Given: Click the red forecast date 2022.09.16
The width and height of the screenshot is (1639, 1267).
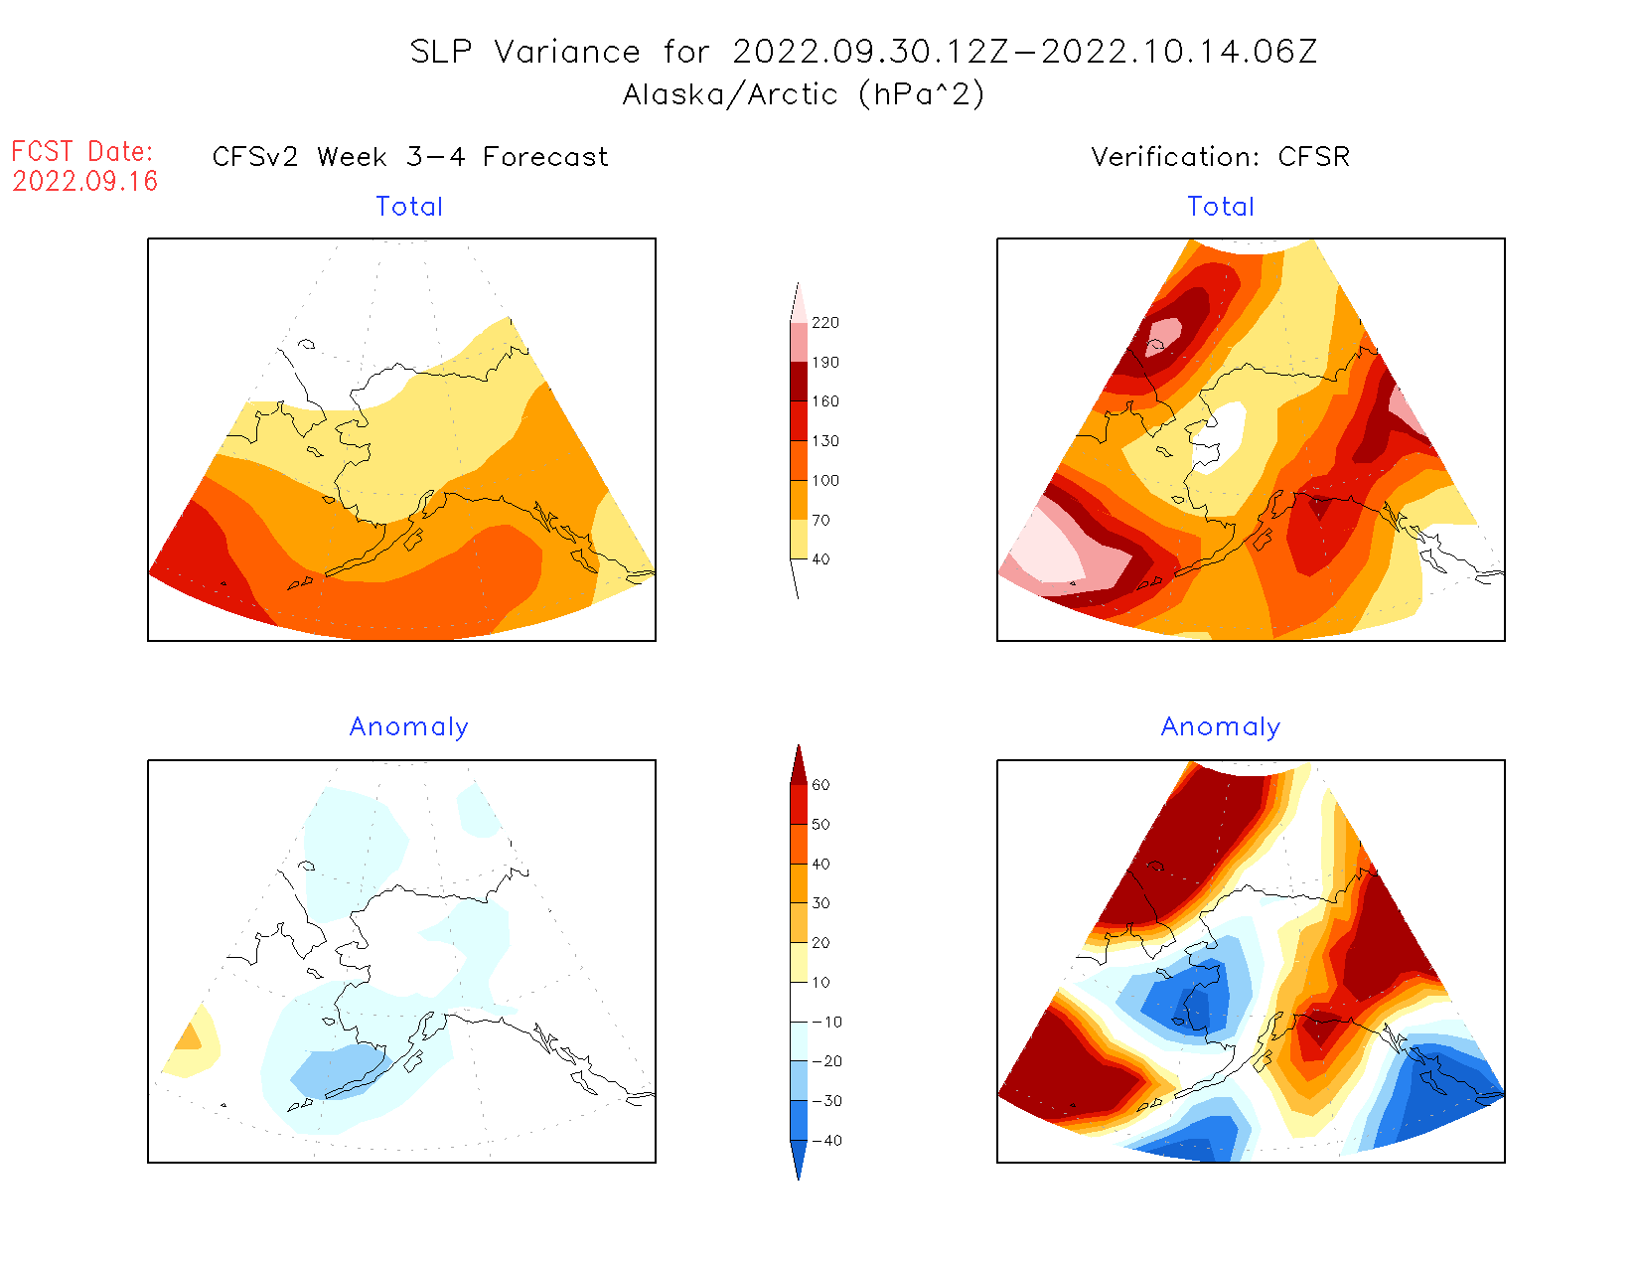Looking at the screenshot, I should tap(85, 181).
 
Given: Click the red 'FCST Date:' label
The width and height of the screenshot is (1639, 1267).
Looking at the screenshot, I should tap(82, 151).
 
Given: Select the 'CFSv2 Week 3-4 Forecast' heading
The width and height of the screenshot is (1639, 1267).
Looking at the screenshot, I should tap(410, 157).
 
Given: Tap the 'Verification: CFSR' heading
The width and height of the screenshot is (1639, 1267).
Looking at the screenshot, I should tap(1220, 157).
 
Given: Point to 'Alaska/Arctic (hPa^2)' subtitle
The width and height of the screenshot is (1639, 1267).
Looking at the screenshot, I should tap(804, 94).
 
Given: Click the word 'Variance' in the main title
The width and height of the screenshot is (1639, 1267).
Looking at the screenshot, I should tap(567, 52).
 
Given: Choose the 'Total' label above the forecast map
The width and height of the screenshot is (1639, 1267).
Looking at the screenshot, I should tap(409, 207).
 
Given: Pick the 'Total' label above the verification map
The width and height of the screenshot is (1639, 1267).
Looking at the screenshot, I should tap(1221, 207).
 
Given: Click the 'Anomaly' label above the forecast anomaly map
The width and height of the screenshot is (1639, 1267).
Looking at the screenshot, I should tap(408, 726).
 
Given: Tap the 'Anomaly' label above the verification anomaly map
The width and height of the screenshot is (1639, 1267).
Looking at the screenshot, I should tap(1221, 726).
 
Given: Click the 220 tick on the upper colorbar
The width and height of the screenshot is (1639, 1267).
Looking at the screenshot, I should tap(824, 323).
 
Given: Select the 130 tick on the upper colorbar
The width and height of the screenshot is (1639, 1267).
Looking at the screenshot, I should tap(824, 441).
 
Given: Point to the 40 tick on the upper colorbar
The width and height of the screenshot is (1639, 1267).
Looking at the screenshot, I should tap(820, 559).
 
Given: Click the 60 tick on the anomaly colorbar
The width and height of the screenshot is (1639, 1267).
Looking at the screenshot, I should tap(820, 785).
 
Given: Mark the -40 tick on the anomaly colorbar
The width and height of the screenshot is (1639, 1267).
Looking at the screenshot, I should tap(825, 1141).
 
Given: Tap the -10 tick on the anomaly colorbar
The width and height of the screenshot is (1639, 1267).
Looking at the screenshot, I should tap(825, 1022).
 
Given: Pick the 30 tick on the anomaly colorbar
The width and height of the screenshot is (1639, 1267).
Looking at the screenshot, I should tap(820, 903).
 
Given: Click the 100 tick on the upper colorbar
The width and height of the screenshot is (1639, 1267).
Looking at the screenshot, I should tap(824, 481).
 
